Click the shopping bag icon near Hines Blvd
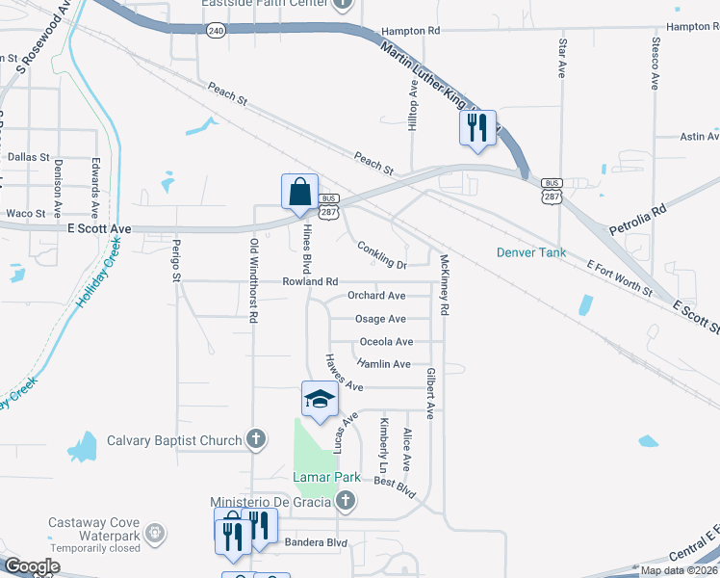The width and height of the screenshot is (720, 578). pos(299,191)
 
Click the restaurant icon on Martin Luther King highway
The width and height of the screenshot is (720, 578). pos(478,127)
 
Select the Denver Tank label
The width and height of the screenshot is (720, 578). pos(527,253)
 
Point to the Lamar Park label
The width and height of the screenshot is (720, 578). pos(326,477)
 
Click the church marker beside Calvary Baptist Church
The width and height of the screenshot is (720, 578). pos(255,441)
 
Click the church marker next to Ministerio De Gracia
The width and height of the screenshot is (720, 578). pos(347,501)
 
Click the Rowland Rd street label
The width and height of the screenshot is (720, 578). pos(310,281)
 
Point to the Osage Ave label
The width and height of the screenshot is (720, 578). pos(380,319)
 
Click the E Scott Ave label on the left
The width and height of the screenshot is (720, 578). pos(99,229)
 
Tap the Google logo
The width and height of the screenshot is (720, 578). pos(31,566)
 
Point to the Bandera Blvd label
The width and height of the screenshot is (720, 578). pos(316,543)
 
